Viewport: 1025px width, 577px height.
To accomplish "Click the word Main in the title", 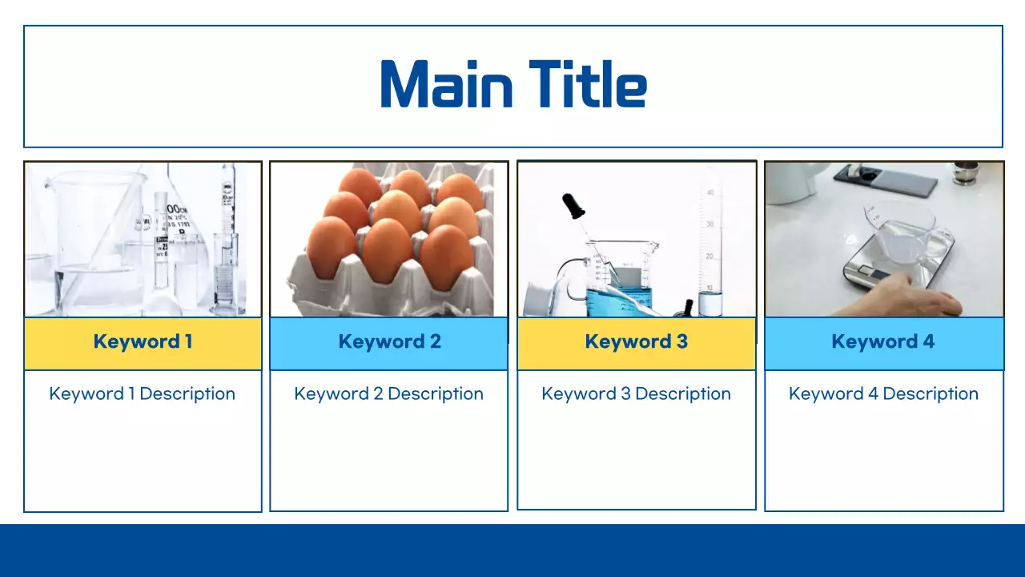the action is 447,84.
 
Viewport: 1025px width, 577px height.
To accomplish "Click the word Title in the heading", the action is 588,84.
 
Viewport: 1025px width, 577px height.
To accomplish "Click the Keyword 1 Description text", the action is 143,393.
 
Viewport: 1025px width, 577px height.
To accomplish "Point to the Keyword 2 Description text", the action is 389,393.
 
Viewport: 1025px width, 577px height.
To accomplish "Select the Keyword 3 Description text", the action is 637,393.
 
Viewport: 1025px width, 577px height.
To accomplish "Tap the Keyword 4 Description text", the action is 883,393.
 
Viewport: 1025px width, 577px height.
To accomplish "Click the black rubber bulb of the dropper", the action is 573,207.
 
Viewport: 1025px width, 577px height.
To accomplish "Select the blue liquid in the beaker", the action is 617,300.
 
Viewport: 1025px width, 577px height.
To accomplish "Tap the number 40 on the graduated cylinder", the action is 710,192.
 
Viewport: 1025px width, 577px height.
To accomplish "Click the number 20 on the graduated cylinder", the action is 709,256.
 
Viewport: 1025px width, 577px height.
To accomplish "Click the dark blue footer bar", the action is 512,551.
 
